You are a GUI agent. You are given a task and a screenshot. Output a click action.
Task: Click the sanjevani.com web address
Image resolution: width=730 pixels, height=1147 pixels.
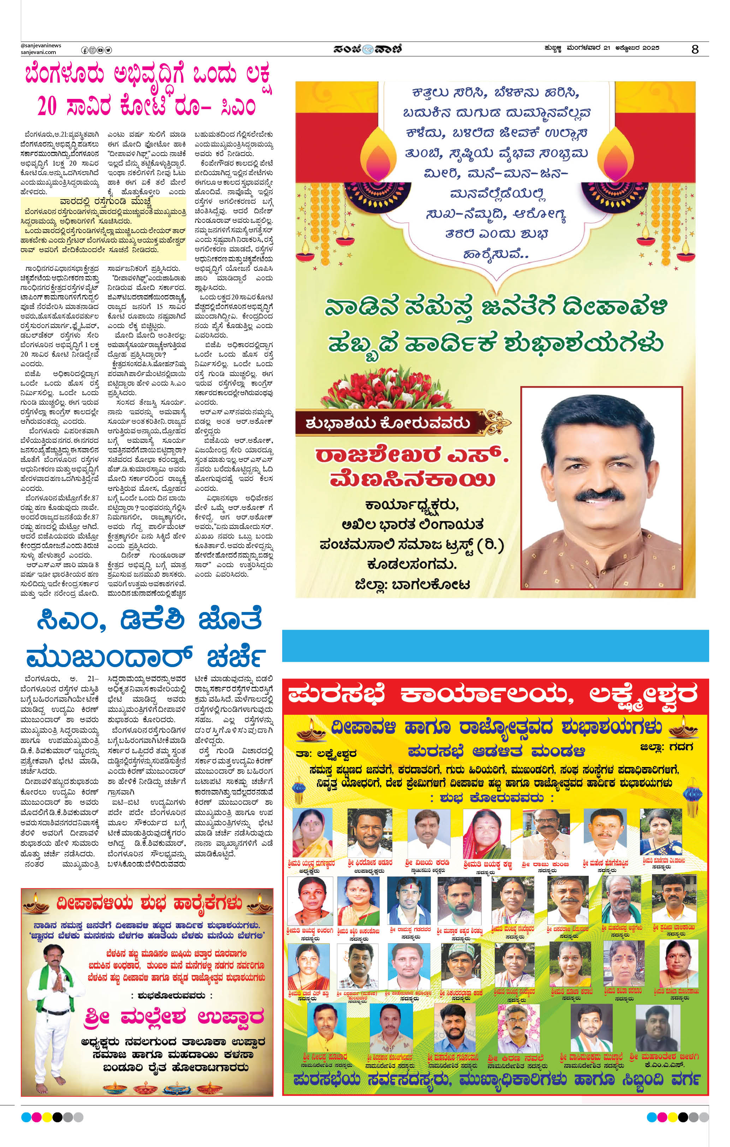pyautogui.click(x=38, y=52)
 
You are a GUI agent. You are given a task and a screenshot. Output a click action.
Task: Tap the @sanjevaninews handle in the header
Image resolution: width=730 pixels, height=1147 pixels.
pyautogui.click(x=41, y=46)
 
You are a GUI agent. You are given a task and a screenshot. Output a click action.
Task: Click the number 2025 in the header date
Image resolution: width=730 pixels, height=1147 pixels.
pyautogui.click(x=649, y=48)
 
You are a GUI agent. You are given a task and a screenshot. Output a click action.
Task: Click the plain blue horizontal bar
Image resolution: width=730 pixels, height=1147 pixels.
pyautogui.click(x=495, y=646)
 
